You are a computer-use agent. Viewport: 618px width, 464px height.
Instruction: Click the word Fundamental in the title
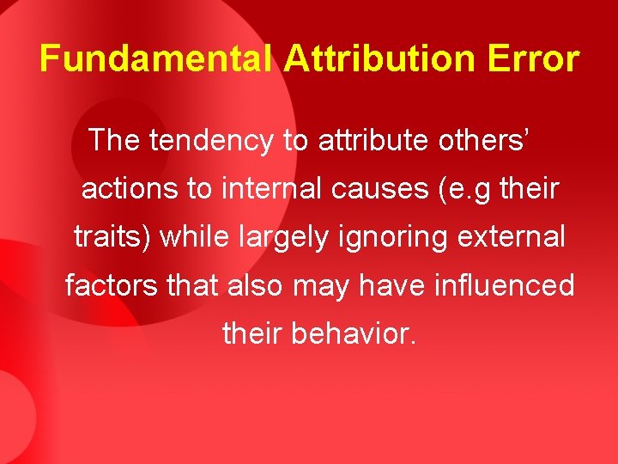click(156, 59)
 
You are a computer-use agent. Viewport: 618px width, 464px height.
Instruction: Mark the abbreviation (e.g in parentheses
click(463, 189)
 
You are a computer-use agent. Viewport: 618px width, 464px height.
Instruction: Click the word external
click(512, 236)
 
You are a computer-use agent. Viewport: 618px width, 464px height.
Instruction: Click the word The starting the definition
click(115, 140)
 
